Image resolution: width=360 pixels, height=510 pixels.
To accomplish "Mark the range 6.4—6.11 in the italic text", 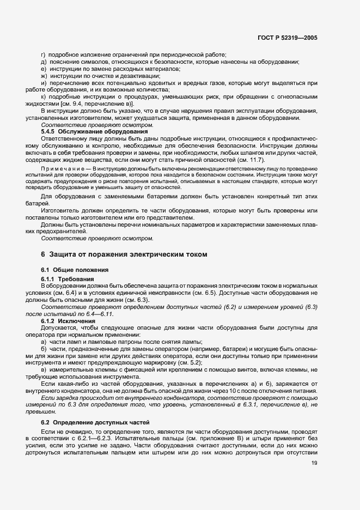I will [84, 314].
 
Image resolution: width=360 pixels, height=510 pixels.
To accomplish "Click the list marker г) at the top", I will [44, 54].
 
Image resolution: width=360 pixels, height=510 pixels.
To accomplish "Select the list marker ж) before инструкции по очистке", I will [44, 76].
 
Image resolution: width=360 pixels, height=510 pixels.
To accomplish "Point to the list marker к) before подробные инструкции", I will [44, 97].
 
